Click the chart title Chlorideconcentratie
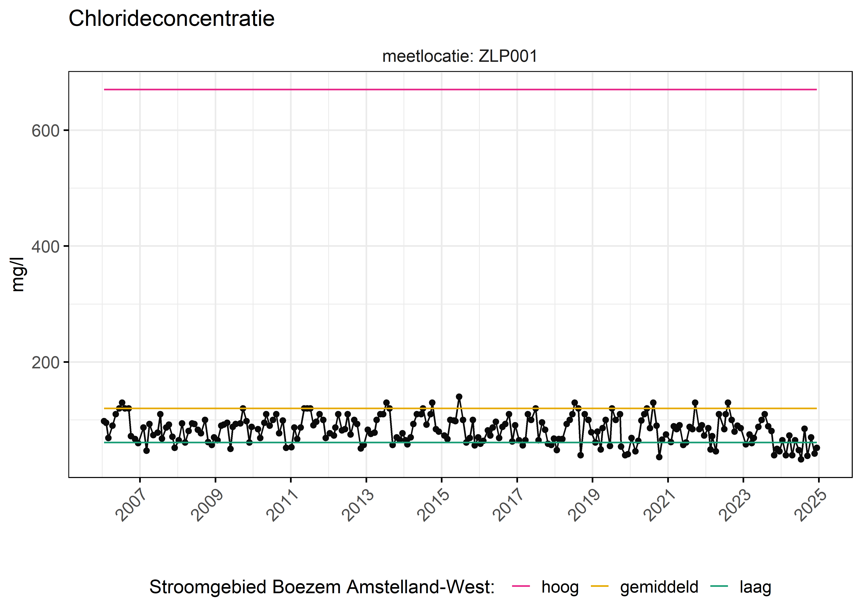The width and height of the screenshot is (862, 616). (x=171, y=19)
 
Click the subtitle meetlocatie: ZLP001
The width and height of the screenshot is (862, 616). (x=460, y=56)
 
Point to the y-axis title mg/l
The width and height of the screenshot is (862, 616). (x=18, y=274)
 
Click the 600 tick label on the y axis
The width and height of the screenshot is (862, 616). (x=46, y=131)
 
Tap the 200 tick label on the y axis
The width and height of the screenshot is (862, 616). (x=46, y=363)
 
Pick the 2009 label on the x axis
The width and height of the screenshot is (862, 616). (x=207, y=505)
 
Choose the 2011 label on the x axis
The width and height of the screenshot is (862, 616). (x=282, y=505)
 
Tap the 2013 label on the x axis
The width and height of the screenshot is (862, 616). (x=358, y=505)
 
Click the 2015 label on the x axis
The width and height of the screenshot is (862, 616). (x=433, y=505)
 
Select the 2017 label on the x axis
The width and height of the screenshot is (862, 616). (x=508, y=505)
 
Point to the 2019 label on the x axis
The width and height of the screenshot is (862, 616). (x=584, y=505)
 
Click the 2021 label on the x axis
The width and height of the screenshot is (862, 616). (x=659, y=505)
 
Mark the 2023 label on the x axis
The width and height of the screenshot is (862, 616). (x=735, y=505)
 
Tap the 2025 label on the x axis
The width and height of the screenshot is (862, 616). (x=810, y=505)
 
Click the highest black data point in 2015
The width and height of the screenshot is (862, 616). (x=459, y=397)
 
